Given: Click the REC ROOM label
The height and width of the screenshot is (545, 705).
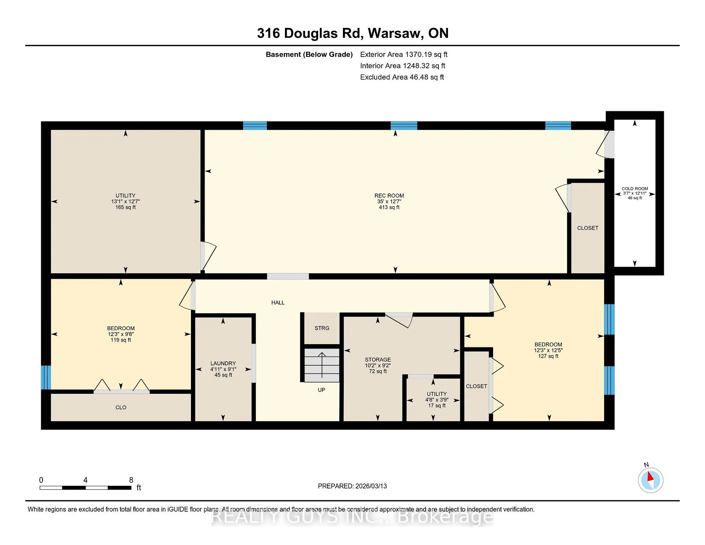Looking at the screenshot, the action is click(x=389, y=196).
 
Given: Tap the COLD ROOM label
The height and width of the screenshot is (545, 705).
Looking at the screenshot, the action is click(x=634, y=189).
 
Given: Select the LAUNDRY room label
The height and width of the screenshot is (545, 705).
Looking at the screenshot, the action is click(x=223, y=363).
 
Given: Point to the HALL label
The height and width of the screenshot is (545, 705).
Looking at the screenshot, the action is click(x=278, y=303).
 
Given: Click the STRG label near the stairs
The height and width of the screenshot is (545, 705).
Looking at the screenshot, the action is click(x=322, y=328).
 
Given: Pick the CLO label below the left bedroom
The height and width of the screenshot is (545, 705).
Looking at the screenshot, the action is click(x=121, y=407).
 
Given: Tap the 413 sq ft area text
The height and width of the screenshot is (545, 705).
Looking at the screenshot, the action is click(x=389, y=207).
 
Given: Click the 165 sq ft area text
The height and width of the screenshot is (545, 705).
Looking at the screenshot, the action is click(x=126, y=207).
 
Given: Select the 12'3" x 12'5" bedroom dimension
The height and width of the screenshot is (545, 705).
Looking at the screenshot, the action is click(x=548, y=350).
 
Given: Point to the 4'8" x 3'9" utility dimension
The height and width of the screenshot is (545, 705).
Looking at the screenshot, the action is click(x=437, y=400).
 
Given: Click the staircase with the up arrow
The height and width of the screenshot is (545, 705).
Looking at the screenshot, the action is click(x=322, y=365).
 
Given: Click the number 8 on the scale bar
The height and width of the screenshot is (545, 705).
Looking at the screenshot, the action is click(x=131, y=480).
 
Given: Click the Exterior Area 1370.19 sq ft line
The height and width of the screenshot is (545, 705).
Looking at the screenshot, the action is click(x=404, y=55).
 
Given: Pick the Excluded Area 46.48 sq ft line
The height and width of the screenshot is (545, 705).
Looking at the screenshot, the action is click(x=402, y=77).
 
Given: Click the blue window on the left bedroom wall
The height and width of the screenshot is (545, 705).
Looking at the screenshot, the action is click(x=46, y=377).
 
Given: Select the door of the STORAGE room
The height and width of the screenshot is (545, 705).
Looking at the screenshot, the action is click(x=399, y=320).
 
